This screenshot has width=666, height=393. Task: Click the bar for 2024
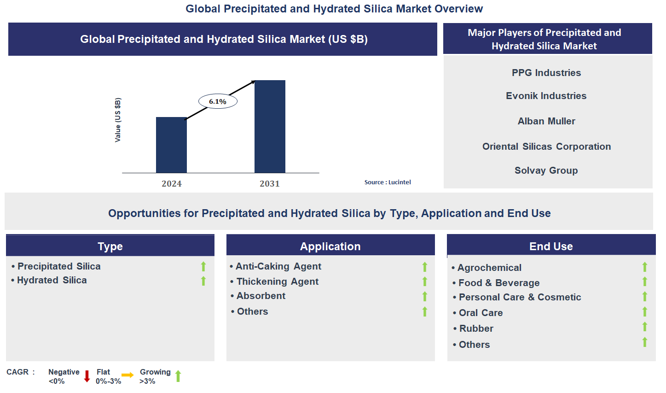[x=171, y=145]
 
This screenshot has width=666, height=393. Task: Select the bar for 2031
[x=270, y=127]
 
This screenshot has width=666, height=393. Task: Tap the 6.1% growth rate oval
[x=218, y=101]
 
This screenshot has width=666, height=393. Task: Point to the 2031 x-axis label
[x=270, y=184]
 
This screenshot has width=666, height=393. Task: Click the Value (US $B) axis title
[x=118, y=120]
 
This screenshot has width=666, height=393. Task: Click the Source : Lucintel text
[x=388, y=182]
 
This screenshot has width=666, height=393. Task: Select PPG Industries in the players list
[x=546, y=73]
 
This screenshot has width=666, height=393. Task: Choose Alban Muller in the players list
[x=546, y=121]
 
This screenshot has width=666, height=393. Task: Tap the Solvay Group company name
[x=546, y=170]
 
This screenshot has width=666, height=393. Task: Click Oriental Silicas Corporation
[x=546, y=147]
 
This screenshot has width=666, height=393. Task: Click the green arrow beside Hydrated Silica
[x=203, y=281]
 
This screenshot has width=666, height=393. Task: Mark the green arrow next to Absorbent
[x=425, y=296]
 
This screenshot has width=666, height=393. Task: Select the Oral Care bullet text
[x=481, y=313]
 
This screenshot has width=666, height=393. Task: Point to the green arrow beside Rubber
[x=645, y=327]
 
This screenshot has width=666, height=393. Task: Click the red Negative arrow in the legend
[x=87, y=376]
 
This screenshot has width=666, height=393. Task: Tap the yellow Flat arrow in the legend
[x=127, y=375]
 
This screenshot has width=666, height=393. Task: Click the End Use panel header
[x=551, y=246]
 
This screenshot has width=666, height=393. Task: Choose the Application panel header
[x=330, y=246]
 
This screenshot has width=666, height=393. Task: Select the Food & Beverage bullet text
[x=499, y=283]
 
